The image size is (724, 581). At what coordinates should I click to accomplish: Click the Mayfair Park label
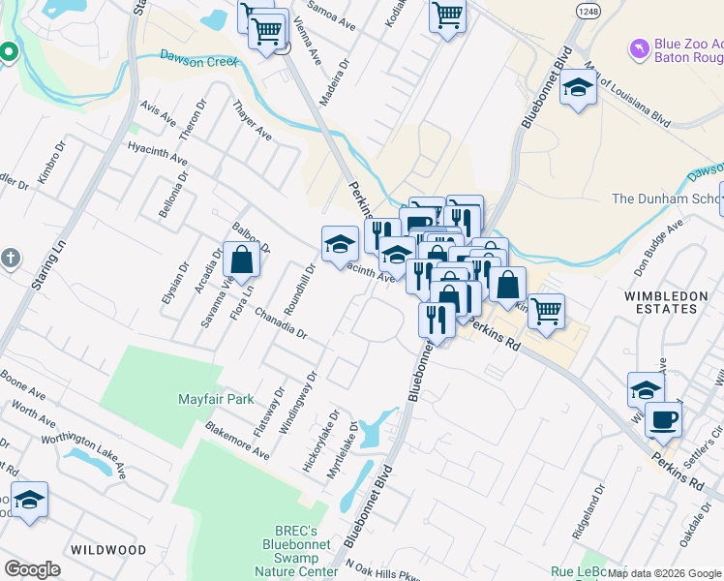pyautogui.click(x=216, y=399)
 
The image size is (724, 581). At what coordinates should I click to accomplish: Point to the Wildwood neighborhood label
pyautogui.click(x=108, y=550)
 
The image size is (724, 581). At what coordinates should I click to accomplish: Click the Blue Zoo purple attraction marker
pyautogui.click(x=639, y=47)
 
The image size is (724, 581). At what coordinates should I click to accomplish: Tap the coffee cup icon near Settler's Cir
pyautogui.click(x=663, y=420)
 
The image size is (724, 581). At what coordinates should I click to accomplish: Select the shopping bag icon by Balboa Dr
pyautogui.click(x=241, y=260)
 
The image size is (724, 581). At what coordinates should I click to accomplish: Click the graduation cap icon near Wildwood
pyautogui.click(x=30, y=500)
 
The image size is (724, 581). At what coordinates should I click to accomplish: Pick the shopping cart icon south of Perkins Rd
pyautogui.click(x=546, y=312)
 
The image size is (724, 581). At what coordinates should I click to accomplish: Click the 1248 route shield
pyautogui.click(x=587, y=11)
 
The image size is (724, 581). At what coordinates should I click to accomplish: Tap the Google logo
pyautogui.click(x=32, y=568)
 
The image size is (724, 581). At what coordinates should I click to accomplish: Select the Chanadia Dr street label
pyautogui.click(x=281, y=324)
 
